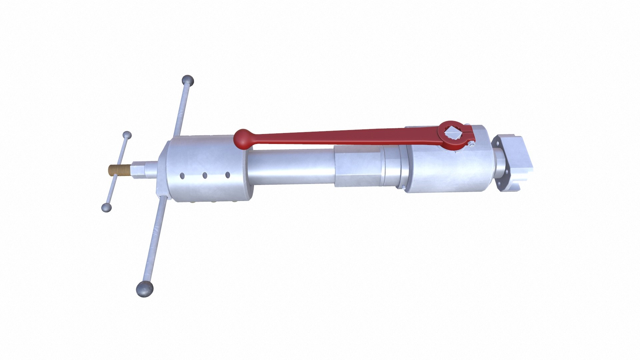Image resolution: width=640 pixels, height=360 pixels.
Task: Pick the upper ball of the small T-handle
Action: [x=127, y=135]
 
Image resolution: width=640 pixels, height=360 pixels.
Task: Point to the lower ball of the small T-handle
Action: [x=106, y=207]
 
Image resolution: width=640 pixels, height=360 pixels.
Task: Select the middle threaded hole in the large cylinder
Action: [x=205, y=175]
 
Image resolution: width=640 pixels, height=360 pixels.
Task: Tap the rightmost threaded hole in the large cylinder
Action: [x=228, y=175]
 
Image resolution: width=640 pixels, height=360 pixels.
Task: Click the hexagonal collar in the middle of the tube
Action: [x=357, y=166]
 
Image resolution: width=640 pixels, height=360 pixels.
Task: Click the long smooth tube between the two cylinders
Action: [x=290, y=167]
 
